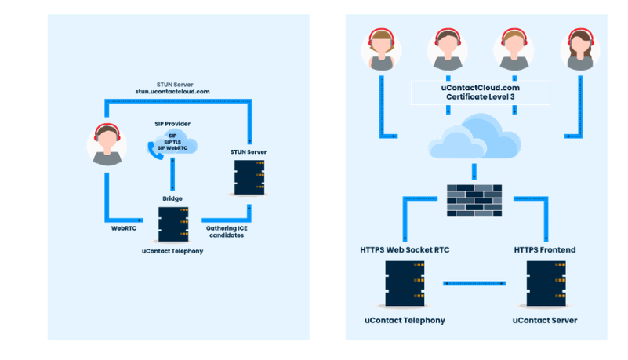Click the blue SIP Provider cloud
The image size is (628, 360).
pos(173,143)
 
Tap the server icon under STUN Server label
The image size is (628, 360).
pos(249,177)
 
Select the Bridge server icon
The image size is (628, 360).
pos(172,224)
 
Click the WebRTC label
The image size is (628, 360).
pos(125,229)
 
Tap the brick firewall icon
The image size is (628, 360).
pos(474,201)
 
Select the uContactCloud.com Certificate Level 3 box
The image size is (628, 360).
pos(480,93)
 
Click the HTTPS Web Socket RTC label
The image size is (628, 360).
pos(405,249)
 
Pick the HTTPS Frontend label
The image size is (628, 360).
pos(545,249)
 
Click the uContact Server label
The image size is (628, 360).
pos(545,320)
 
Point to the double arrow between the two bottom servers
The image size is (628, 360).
pos(474,283)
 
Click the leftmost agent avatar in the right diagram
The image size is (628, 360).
pos(381,49)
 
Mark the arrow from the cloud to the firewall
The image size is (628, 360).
pos(474,170)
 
